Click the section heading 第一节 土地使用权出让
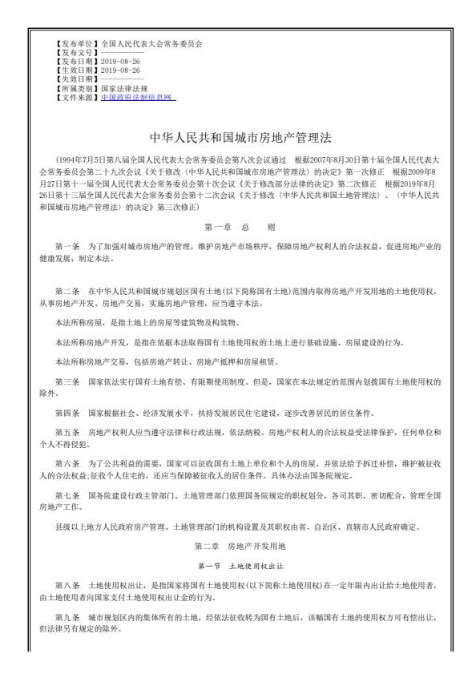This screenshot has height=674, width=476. point(238,566)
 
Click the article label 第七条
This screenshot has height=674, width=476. point(67,495)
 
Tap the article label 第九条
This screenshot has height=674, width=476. point(67,618)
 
